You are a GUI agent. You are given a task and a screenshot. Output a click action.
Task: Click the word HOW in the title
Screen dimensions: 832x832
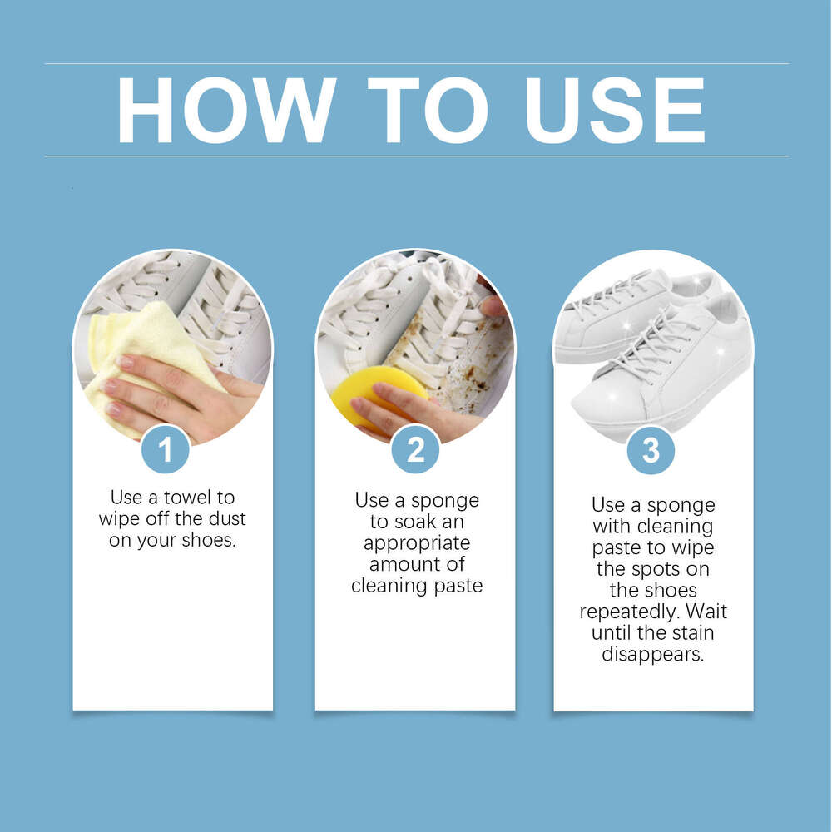click(226, 111)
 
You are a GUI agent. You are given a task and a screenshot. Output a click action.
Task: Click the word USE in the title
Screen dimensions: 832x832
click(615, 111)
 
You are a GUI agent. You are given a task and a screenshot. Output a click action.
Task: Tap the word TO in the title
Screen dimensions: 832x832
click(427, 111)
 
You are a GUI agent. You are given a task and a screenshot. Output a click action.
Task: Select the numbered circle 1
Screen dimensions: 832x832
click(166, 449)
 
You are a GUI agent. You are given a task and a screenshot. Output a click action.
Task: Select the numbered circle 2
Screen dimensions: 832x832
click(415, 449)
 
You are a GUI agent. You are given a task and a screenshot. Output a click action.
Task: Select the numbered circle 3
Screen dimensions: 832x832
click(651, 450)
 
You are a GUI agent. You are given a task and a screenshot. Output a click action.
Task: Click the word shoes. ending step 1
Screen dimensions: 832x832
click(209, 540)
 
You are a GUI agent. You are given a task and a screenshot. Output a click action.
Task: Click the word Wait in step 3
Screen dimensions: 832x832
click(706, 612)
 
